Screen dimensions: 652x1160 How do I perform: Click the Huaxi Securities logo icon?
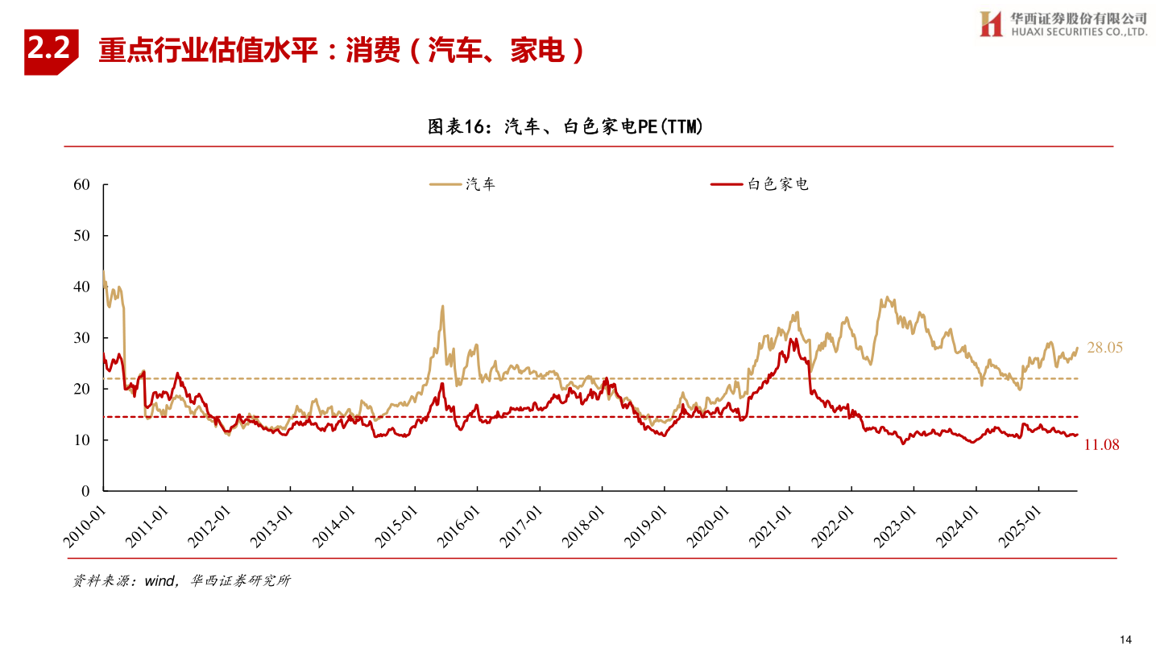click(990, 24)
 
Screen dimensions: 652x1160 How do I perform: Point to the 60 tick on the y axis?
click(81, 184)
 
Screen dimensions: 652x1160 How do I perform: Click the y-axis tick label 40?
click(81, 287)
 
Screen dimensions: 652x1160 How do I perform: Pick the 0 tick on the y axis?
click(85, 491)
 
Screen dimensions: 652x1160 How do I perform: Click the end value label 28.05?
click(1104, 348)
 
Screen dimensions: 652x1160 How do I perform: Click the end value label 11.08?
click(1101, 445)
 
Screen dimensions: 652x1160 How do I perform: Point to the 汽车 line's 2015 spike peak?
click(442, 307)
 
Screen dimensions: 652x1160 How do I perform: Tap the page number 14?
click(1125, 639)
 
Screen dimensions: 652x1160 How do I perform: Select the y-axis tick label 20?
click(81, 389)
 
